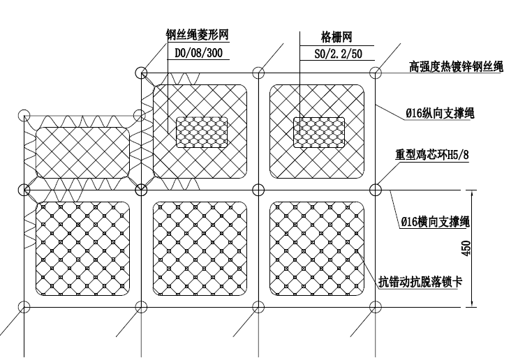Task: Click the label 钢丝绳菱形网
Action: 198,36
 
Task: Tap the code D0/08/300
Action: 198,52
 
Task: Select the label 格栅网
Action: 335,36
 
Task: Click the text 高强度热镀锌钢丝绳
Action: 456,67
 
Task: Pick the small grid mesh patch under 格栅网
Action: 318,132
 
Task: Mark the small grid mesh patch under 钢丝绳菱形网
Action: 202,132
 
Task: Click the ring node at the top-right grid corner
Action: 376,73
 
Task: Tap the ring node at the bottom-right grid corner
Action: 376,306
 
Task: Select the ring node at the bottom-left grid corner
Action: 24,306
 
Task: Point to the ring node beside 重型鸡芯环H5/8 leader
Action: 376,189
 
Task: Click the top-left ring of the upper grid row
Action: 142,73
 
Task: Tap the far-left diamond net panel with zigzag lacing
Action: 82,152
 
